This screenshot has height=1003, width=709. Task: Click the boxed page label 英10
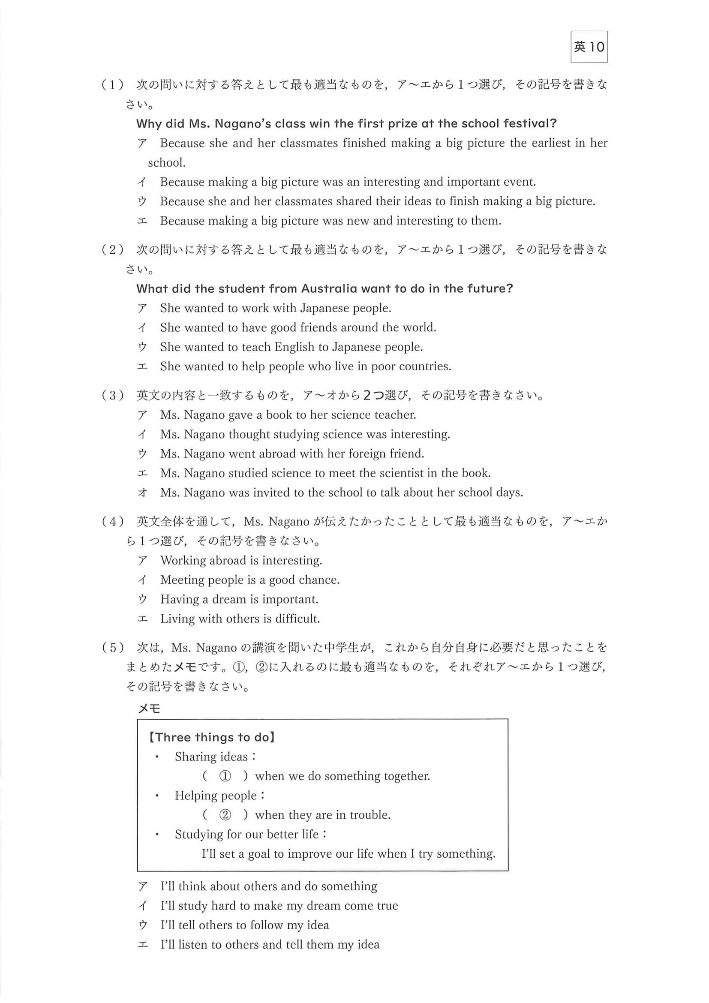pos(589,47)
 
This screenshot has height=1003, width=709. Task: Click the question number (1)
pos(113,84)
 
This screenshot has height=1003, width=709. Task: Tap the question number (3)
pos(113,395)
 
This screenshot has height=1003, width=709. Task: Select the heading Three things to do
pos(212,737)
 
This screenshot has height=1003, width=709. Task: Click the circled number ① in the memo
pos(225,776)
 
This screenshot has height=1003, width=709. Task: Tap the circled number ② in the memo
pos(225,815)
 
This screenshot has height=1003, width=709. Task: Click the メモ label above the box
pos(149,709)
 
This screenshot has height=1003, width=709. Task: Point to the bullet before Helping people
pos(157,796)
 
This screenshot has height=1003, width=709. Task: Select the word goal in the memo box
pos(259,854)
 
